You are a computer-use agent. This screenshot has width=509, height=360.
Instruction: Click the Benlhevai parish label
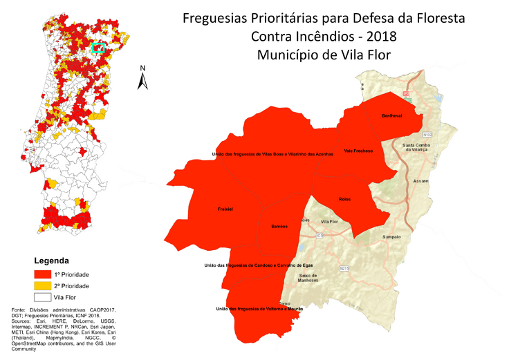coord(392,115)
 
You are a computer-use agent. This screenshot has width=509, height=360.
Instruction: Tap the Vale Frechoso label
coord(358,151)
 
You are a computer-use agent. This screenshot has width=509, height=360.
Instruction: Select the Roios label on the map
coord(344,199)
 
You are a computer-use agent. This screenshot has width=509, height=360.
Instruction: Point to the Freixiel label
coord(225,208)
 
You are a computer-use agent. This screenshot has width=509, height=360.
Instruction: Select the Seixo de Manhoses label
coord(308,278)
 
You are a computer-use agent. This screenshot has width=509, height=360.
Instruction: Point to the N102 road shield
coord(427,135)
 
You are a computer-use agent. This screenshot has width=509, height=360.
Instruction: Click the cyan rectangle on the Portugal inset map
coord(98,48)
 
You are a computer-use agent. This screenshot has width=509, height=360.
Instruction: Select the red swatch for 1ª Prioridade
coord(43,274)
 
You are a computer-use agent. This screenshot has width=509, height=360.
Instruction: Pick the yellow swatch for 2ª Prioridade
coord(43,286)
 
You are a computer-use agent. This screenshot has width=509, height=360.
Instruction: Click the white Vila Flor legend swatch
coord(43,298)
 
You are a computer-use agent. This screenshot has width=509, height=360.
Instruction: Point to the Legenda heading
coord(51,261)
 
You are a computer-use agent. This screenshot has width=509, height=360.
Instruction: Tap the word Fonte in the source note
coord(22,310)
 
